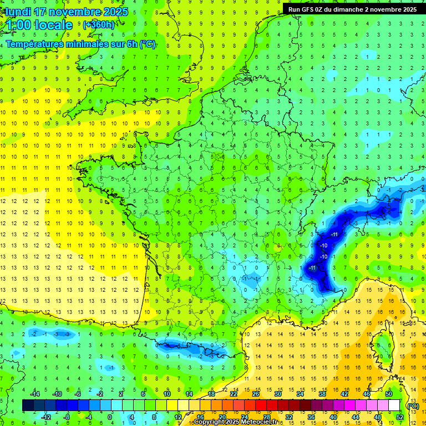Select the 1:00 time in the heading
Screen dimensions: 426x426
[x=18, y=25]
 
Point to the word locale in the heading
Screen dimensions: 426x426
[x=54, y=25]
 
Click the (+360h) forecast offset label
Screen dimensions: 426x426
[x=99, y=24]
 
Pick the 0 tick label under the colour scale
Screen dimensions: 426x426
[x=109, y=417]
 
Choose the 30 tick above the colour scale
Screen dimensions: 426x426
[x=278, y=394]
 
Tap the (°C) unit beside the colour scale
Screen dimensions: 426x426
[x=413, y=405]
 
